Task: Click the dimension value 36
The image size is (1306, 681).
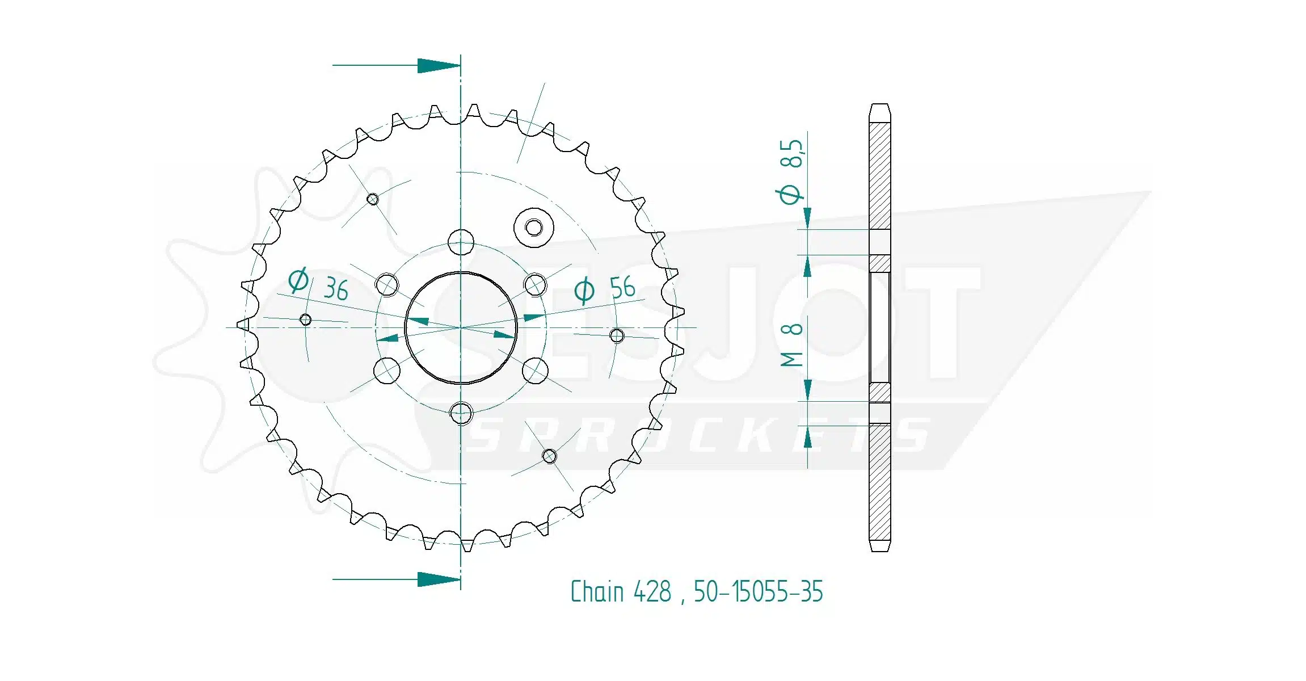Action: (336, 289)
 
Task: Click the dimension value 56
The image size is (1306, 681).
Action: (622, 288)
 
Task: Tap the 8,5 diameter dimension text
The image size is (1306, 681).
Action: (792, 154)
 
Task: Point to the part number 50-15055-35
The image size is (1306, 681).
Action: (758, 591)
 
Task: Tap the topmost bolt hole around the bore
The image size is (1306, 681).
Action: (461, 242)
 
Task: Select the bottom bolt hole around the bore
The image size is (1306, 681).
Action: (461, 413)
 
